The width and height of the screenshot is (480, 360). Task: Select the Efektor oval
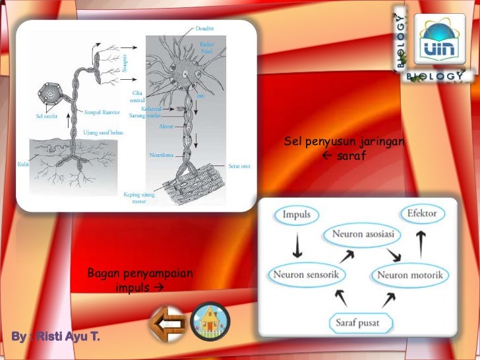pyautogui.click(x=421, y=214)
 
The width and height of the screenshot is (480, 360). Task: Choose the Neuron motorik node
pyautogui.click(x=409, y=274)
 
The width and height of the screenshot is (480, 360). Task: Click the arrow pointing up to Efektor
pyautogui.click(x=421, y=242)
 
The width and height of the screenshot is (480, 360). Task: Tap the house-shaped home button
pyautogui.click(x=210, y=322)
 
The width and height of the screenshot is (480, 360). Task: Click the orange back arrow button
pyautogui.click(x=167, y=322)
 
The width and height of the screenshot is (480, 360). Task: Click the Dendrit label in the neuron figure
pyautogui.click(x=205, y=28)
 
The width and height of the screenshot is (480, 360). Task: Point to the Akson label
pyautogui.click(x=166, y=126)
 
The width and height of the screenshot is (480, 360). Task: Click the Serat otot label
pyautogui.click(x=239, y=165)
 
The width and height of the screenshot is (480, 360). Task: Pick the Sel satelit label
pyautogui.click(x=47, y=117)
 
